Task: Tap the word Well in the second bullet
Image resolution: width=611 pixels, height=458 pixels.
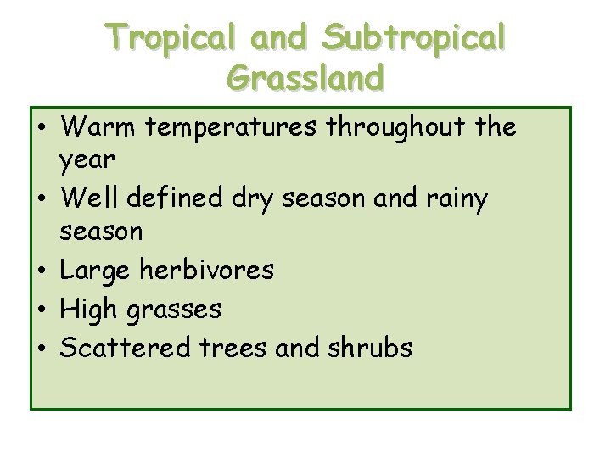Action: click(x=93, y=198)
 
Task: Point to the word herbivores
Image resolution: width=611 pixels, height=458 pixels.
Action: click(x=209, y=271)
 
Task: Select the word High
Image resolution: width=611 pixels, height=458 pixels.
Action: click(x=92, y=310)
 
